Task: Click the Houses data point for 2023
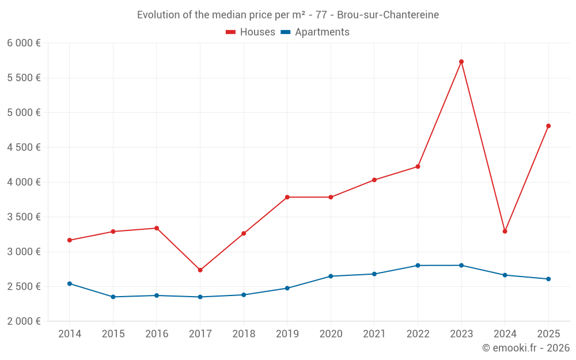(x=461, y=62)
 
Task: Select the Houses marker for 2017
(x=200, y=270)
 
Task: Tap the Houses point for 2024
(x=505, y=232)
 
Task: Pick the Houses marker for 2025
(x=548, y=126)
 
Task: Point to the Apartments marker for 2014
(x=70, y=283)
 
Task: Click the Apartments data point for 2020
(x=331, y=276)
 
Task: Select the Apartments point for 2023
(x=461, y=266)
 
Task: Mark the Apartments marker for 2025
(x=548, y=279)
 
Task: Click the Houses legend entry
(x=251, y=32)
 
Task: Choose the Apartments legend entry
(x=315, y=32)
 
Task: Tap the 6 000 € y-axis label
(x=24, y=43)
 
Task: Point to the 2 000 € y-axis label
(x=24, y=321)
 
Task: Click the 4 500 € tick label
(x=24, y=147)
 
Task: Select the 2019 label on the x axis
(x=287, y=334)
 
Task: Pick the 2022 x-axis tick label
(x=418, y=334)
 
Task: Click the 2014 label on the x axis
(x=70, y=334)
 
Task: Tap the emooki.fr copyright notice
(x=525, y=348)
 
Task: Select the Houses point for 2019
(x=287, y=197)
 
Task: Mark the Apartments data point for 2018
(x=244, y=295)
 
